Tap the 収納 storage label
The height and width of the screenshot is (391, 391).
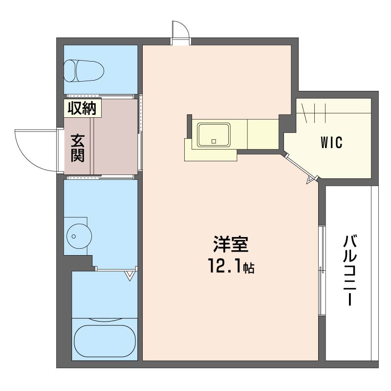pyautogui.click(x=82, y=108)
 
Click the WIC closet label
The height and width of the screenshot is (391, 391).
pyautogui.click(x=331, y=142)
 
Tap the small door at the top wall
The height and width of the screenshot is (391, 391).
pyautogui.click(x=180, y=33)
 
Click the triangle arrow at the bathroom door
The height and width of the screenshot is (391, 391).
pyautogui.click(x=130, y=276)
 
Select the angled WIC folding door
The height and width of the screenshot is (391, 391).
pyautogui.click(x=299, y=167)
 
